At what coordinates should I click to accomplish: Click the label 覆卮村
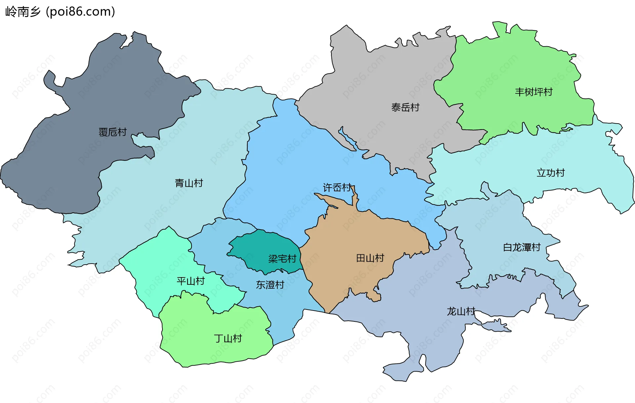(112, 132)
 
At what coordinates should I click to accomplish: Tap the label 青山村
(189, 183)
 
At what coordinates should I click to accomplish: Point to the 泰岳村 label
(405, 107)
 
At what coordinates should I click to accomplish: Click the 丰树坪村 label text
(533, 92)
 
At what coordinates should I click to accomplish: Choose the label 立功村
(550, 173)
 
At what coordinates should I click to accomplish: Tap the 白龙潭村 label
(522, 247)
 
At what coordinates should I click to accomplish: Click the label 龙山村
(461, 311)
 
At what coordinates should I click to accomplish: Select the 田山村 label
(370, 258)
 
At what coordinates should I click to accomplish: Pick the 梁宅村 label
(282, 259)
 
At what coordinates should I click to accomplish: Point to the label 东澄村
(270, 285)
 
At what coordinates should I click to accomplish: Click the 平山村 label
(190, 281)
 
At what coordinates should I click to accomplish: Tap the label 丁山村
(228, 338)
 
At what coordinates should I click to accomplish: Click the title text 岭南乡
(22, 12)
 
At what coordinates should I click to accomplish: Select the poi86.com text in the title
(80, 12)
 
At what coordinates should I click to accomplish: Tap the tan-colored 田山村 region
(351, 238)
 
